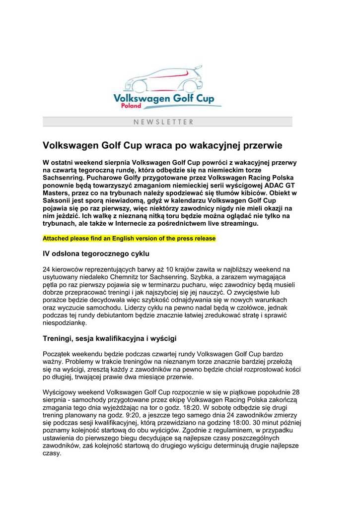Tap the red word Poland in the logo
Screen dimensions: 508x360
tap(132, 105)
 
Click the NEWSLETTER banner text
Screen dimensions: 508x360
tap(163, 122)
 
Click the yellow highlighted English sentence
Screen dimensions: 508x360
tap(129, 239)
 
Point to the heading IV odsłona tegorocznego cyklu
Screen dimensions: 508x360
tap(96, 254)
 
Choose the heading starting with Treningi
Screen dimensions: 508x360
tap(110, 339)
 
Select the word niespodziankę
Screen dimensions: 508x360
tap(65, 323)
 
